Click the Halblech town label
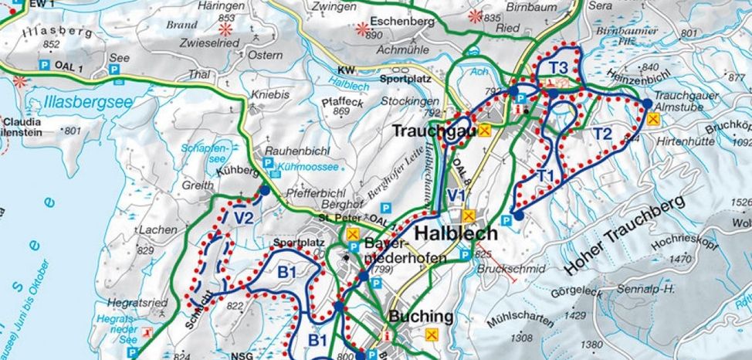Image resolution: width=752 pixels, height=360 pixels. (x=456, y=233)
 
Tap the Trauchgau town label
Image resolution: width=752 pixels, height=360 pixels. (x=432, y=131)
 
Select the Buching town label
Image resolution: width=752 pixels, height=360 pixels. (x=421, y=316)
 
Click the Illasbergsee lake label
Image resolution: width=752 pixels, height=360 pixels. (x=78, y=103)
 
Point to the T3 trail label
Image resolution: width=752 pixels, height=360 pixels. (x=558, y=66)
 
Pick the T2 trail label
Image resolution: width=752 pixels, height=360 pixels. (x=602, y=134)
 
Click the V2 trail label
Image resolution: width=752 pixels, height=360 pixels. (x=243, y=219)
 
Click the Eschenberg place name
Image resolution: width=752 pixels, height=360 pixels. (x=401, y=22)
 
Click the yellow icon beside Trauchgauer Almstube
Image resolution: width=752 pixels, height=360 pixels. (x=653, y=118)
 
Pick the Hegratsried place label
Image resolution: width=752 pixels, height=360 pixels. (x=140, y=303)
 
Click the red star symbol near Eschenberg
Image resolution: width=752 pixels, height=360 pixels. (x=363, y=29)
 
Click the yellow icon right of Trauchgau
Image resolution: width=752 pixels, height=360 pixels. (x=484, y=131)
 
